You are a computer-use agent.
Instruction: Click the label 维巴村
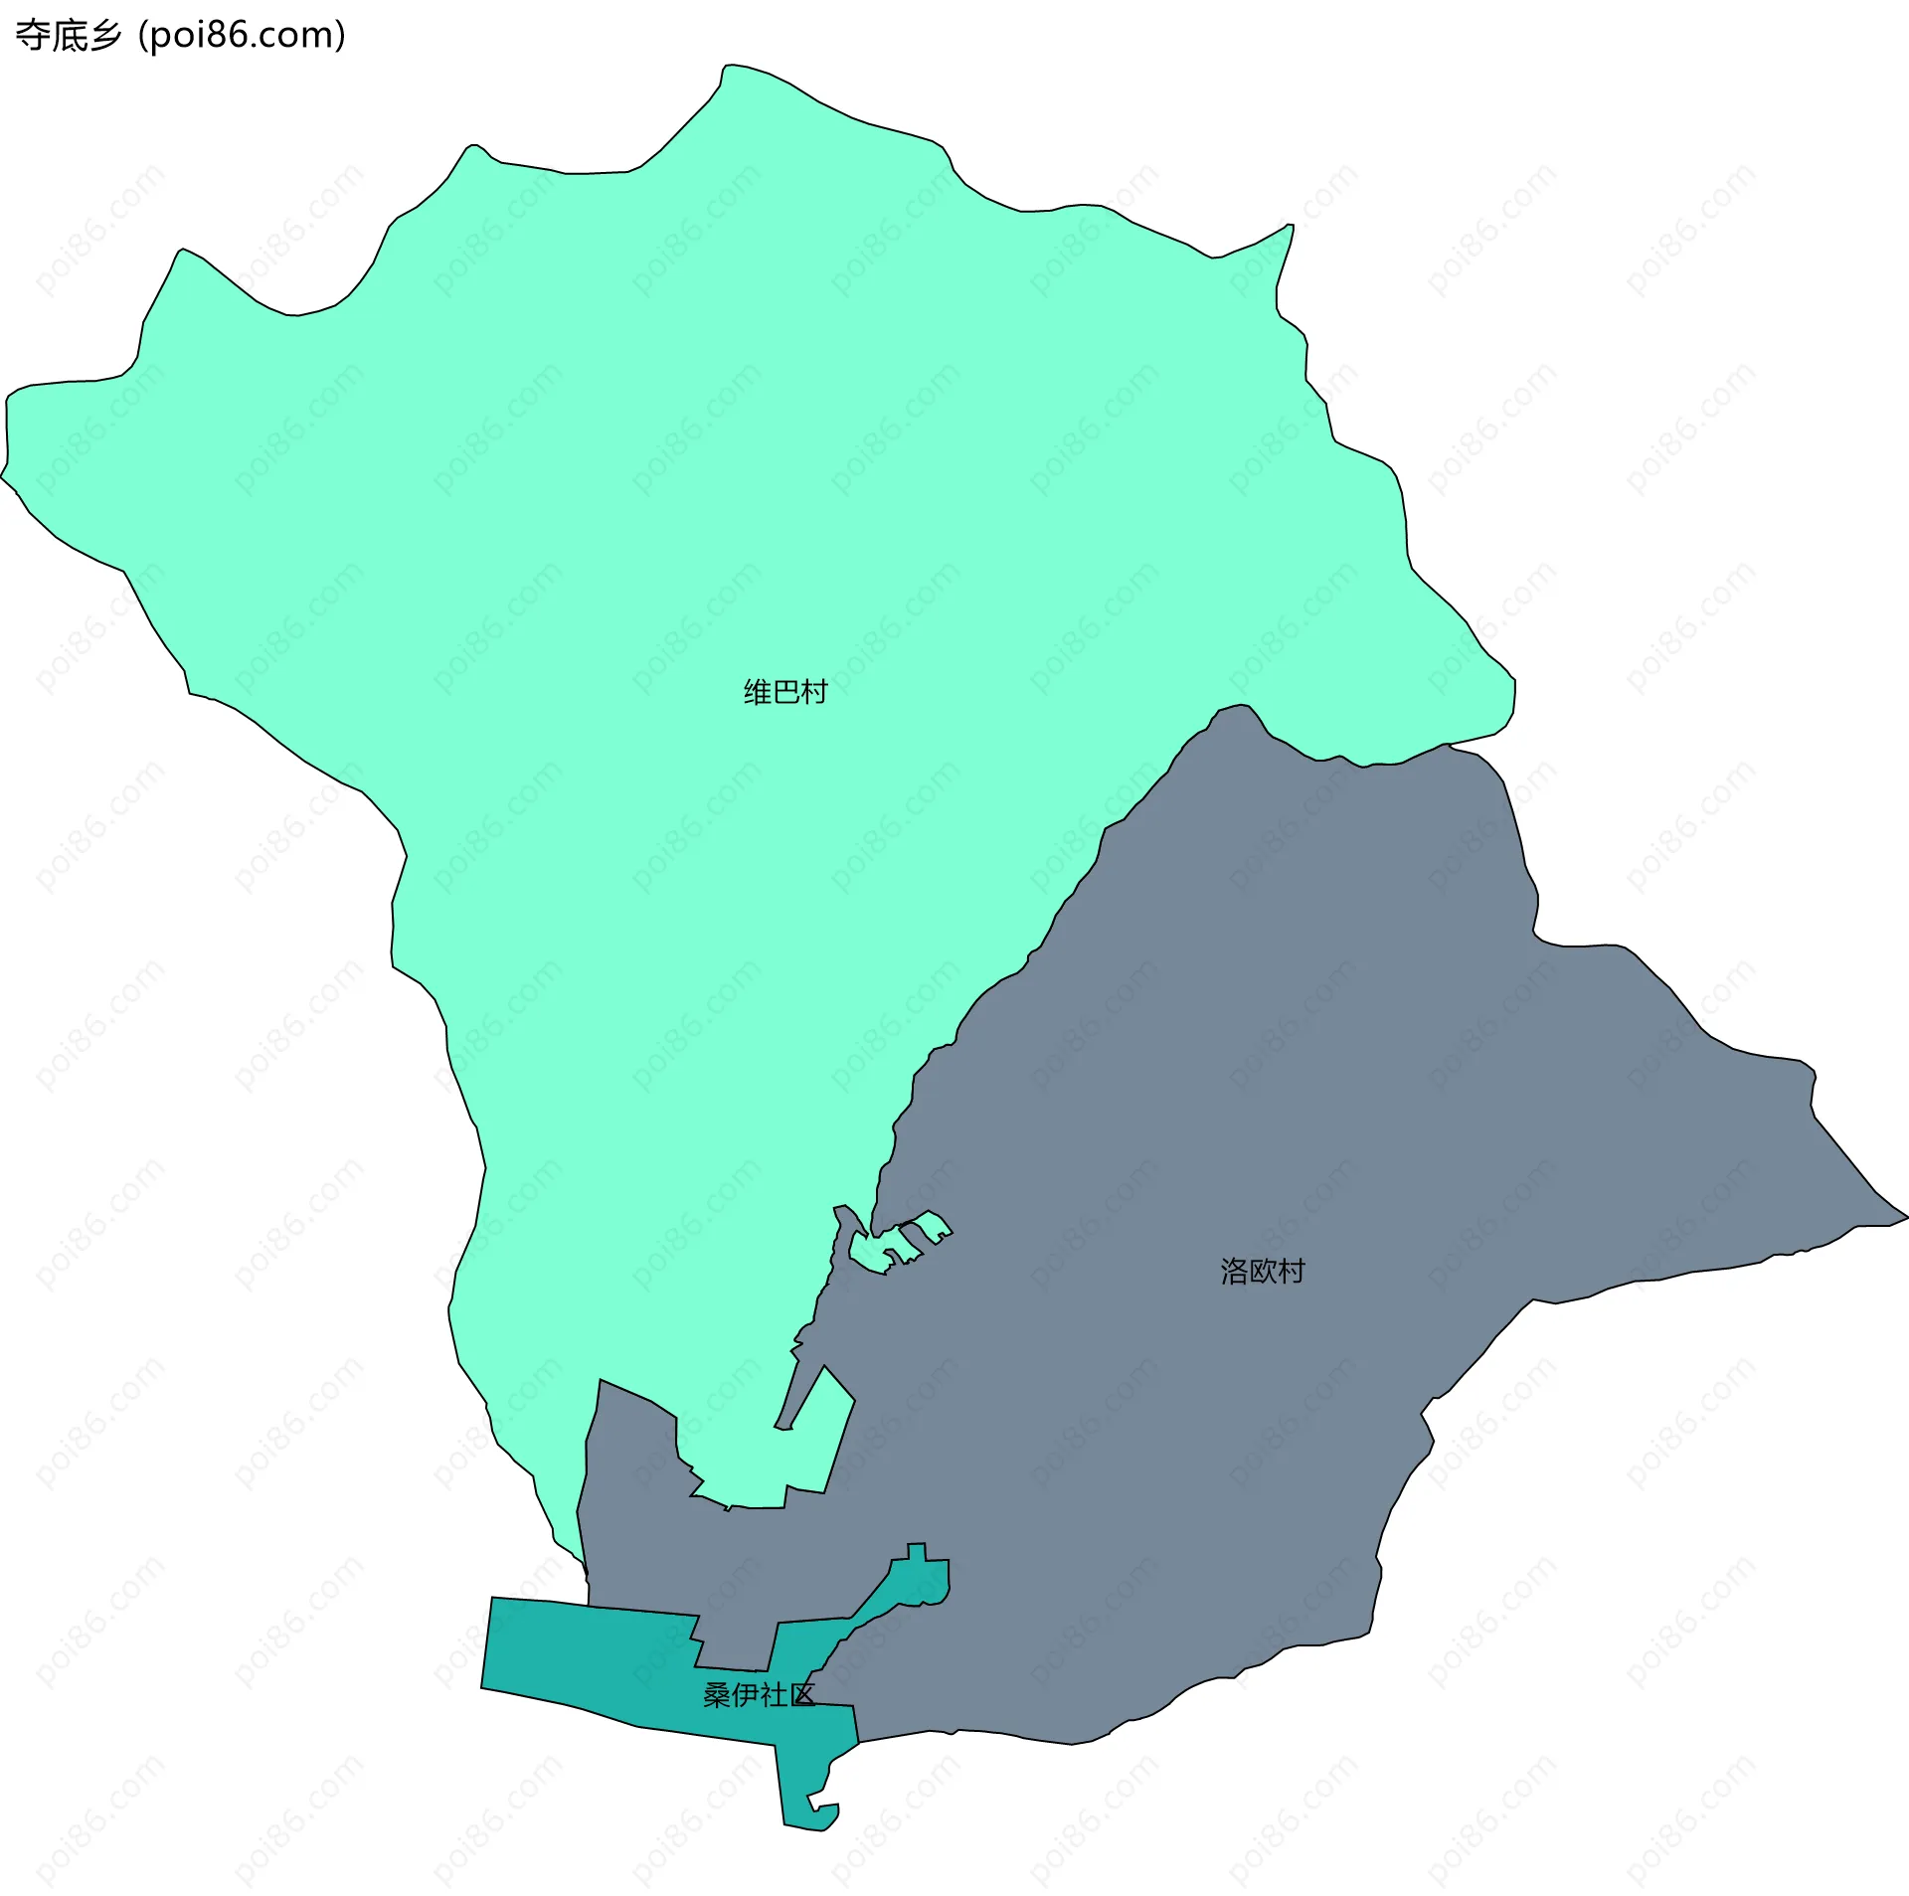pos(785,692)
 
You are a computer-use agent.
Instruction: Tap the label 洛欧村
pos(1262,1271)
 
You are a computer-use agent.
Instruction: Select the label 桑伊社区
pos(759,1695)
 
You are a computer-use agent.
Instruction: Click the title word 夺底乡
pos(68,35)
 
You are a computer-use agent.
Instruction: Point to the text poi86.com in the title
pos(242,35)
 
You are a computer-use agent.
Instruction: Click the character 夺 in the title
pos(32,35)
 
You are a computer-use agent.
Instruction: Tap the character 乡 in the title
pos(104,35)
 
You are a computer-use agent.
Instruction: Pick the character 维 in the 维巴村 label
pos(758,692)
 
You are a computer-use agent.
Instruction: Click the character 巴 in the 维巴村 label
pos(785,692)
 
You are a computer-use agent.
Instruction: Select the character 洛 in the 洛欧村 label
pos(1234,1271)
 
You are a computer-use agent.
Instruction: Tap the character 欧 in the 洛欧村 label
pos(1262,1271)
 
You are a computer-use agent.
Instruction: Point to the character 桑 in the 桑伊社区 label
pos(717,1695)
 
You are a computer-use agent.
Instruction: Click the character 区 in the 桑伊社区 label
pos(801,1695)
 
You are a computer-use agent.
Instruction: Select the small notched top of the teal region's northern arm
pos(917,1552)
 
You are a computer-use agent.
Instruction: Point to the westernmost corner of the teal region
pos(484,1686)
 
